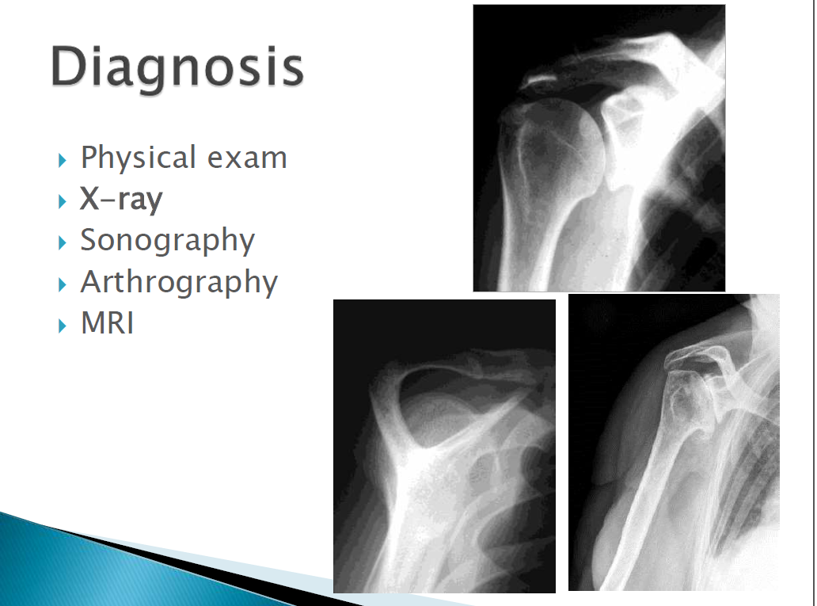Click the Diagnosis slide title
point(177,68)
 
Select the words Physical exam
point(184,158)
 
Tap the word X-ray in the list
point(121,199)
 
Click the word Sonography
point(167,240)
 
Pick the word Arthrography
point(179,282)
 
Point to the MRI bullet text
point(108,323)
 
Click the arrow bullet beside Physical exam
point(63,160)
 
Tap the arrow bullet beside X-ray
point(63,202)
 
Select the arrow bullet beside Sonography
point(63,243)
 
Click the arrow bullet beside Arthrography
point(63,284)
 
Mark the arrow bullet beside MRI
point(63,326)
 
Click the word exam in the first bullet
point(247,158)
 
